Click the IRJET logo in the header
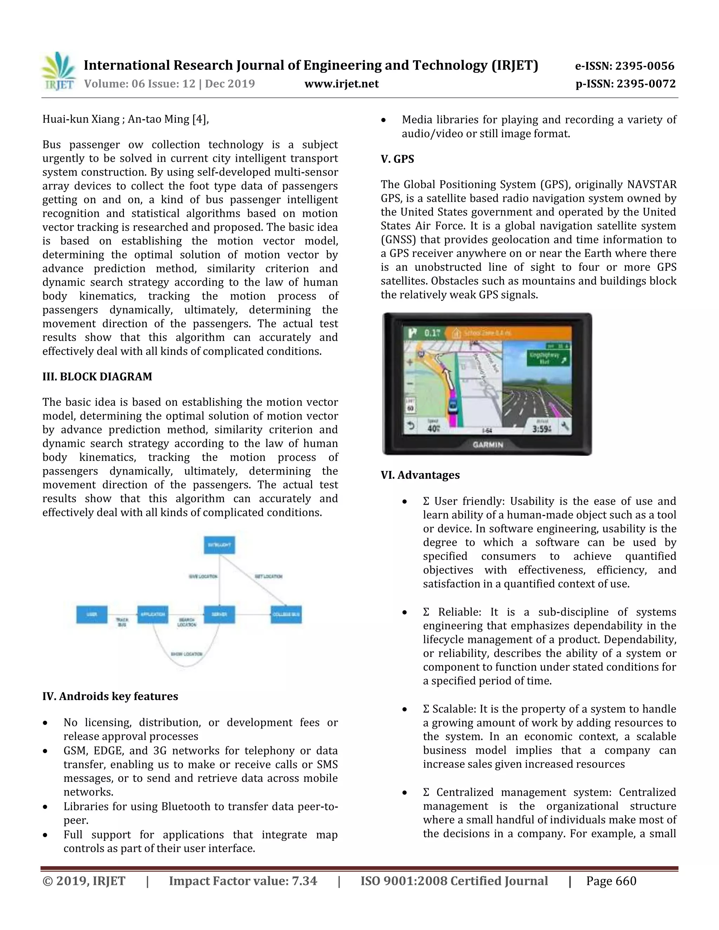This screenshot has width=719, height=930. [x=58, y=72]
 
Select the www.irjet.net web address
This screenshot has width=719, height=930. [x=341, y=84]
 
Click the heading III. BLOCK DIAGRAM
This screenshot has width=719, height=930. [x=97, y=377]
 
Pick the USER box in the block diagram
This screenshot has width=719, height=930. [x=92, y=615]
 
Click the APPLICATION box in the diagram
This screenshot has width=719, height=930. [x=152, y=615]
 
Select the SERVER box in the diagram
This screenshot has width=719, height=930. [x=219, y=615]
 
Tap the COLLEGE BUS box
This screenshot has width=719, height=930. [x=286, y=615]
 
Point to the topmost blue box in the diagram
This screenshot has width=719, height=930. [x=219, y=545]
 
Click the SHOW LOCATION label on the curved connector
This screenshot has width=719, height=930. [x=186, y=654]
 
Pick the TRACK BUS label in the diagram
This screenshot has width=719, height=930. [x=122, y=622]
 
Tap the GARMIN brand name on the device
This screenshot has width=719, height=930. [x=488, y=445]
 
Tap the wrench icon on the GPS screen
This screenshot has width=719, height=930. [x=565, y=426]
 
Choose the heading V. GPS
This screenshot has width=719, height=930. [x=397, y=159]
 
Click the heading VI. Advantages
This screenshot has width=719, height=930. [x=420, y=475]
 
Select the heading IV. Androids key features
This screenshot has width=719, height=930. [x=110, y=696]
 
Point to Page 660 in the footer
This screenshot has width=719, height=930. [x=611, y=881]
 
